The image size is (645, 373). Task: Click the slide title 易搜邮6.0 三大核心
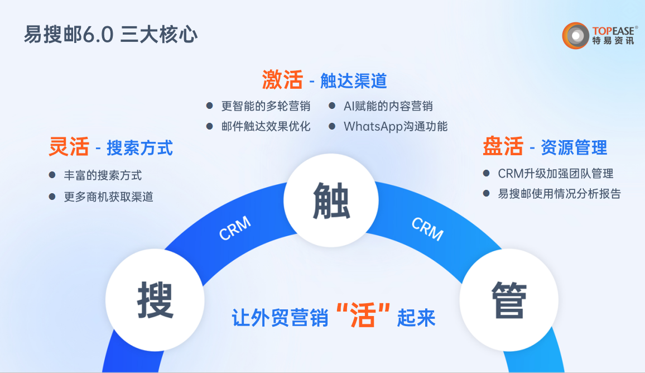coord(110,35)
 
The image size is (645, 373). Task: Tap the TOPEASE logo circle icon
coord(575,35)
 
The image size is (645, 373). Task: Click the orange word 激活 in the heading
coord(282,80)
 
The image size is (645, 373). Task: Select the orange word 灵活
coord(69,147)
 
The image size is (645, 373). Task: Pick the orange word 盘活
coord(503,146)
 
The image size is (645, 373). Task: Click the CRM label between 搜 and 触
coord(235,229)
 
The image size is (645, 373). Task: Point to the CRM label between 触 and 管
coord(427,228)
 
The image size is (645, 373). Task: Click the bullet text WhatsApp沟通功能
coord(396,126)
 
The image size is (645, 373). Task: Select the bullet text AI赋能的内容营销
coord(388,106)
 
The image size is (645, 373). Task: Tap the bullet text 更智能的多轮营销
coord(266,106)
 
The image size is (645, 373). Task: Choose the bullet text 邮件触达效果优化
coord(266,126)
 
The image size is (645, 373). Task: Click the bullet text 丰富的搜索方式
coord(103,175)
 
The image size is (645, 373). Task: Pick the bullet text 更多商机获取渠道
coord(108,197)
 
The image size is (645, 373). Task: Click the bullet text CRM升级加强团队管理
coord(556,174)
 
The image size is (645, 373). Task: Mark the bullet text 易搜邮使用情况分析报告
coord(559,194)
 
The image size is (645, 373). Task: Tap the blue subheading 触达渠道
coord(353,81)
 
